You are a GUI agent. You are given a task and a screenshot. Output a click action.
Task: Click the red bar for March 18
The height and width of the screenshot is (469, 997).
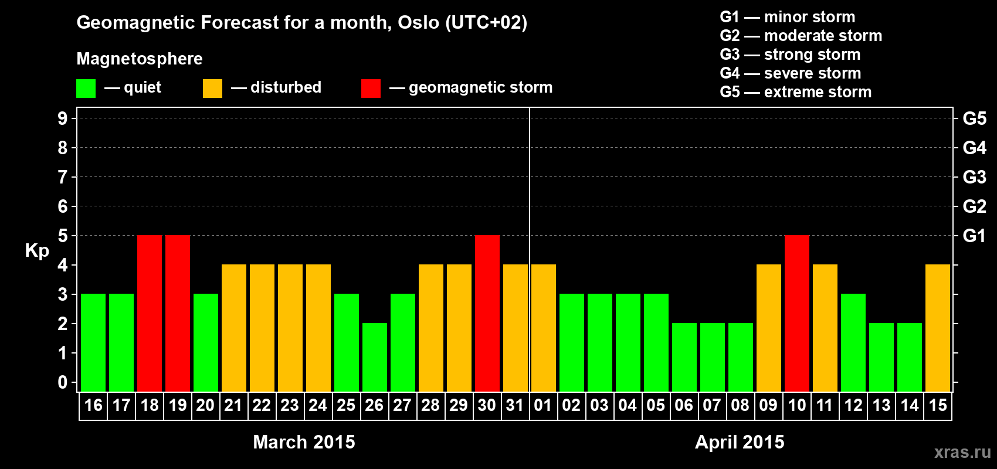[x=150, y=313]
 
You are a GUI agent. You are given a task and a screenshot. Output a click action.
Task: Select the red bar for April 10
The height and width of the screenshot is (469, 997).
[x=796, y=313]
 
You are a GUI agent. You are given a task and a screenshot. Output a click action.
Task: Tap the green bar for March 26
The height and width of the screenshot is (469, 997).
[x=375, y=357]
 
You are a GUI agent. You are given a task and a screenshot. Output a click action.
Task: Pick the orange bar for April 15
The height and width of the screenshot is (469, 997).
[x=938, y=328]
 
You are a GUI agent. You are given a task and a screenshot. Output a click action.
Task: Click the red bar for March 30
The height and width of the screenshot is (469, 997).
[x=487, y=313]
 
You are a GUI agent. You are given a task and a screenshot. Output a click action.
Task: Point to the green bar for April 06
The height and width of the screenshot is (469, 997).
[x=684, y=357]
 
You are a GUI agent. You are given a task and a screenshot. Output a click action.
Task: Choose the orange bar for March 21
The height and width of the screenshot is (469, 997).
[x=233, y=328]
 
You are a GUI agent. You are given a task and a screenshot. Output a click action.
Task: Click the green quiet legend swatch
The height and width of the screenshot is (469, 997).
[x=86, y=88]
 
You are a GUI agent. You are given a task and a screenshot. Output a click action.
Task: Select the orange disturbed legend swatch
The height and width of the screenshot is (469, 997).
[x=212, y=88]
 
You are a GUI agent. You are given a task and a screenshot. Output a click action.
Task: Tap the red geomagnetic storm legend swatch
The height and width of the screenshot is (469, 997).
[x=371, y=88]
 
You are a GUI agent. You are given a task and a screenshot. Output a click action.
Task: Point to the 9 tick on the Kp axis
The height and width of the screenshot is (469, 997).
[x=62, y=118]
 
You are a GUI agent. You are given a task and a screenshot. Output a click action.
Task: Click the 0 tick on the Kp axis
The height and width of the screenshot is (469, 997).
[x=62, y=382]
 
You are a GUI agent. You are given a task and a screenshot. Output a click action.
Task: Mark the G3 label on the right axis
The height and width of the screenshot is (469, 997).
[x=974, y=177]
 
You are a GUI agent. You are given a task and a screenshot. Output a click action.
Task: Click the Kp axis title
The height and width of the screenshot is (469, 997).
[x=37, y=251]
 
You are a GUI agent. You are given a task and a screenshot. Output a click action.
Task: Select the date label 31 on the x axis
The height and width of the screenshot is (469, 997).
[x=514, y=405]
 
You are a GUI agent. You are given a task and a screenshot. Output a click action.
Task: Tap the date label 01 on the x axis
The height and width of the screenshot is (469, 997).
[x=543, y=405]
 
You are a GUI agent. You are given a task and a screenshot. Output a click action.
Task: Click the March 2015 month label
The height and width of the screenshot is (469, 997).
[x=304, y=442]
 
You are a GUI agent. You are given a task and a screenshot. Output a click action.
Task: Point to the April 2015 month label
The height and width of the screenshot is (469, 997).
[x=740, y=442]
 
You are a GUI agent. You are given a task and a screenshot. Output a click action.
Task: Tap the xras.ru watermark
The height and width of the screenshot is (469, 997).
[x=962, y=452]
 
